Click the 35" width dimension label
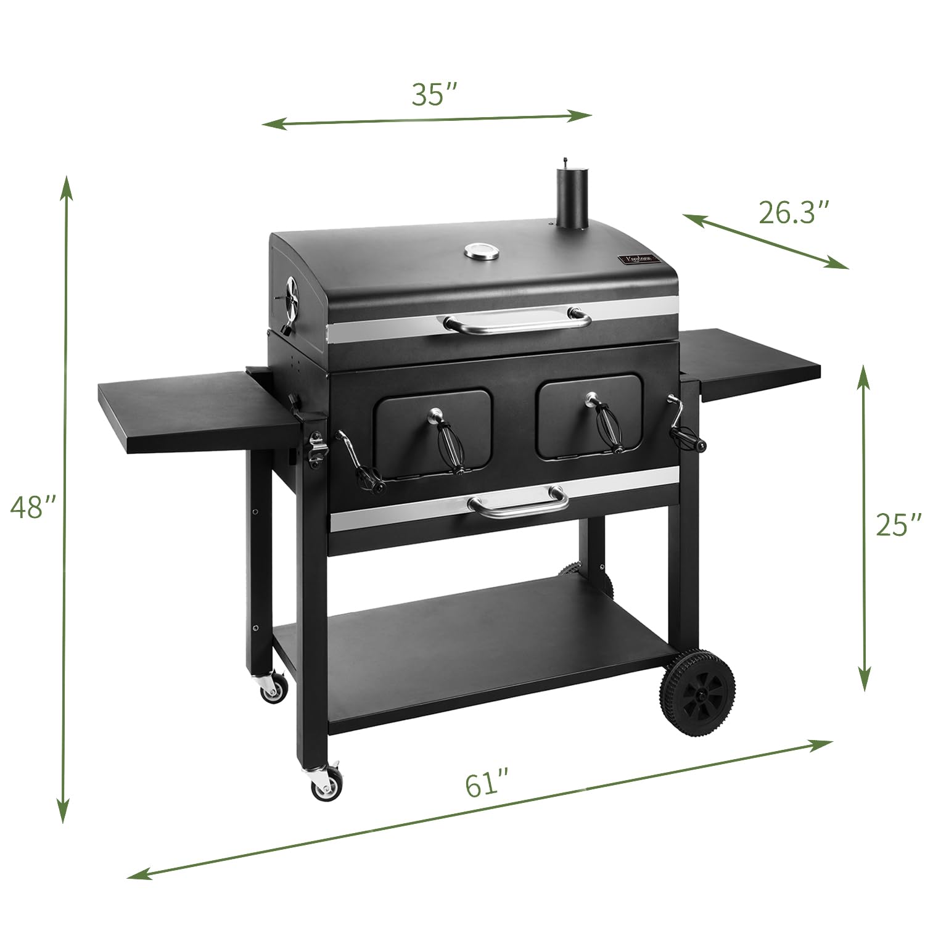pos(434,94)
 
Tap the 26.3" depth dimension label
pos(792,213)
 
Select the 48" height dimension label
pos(33,507)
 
